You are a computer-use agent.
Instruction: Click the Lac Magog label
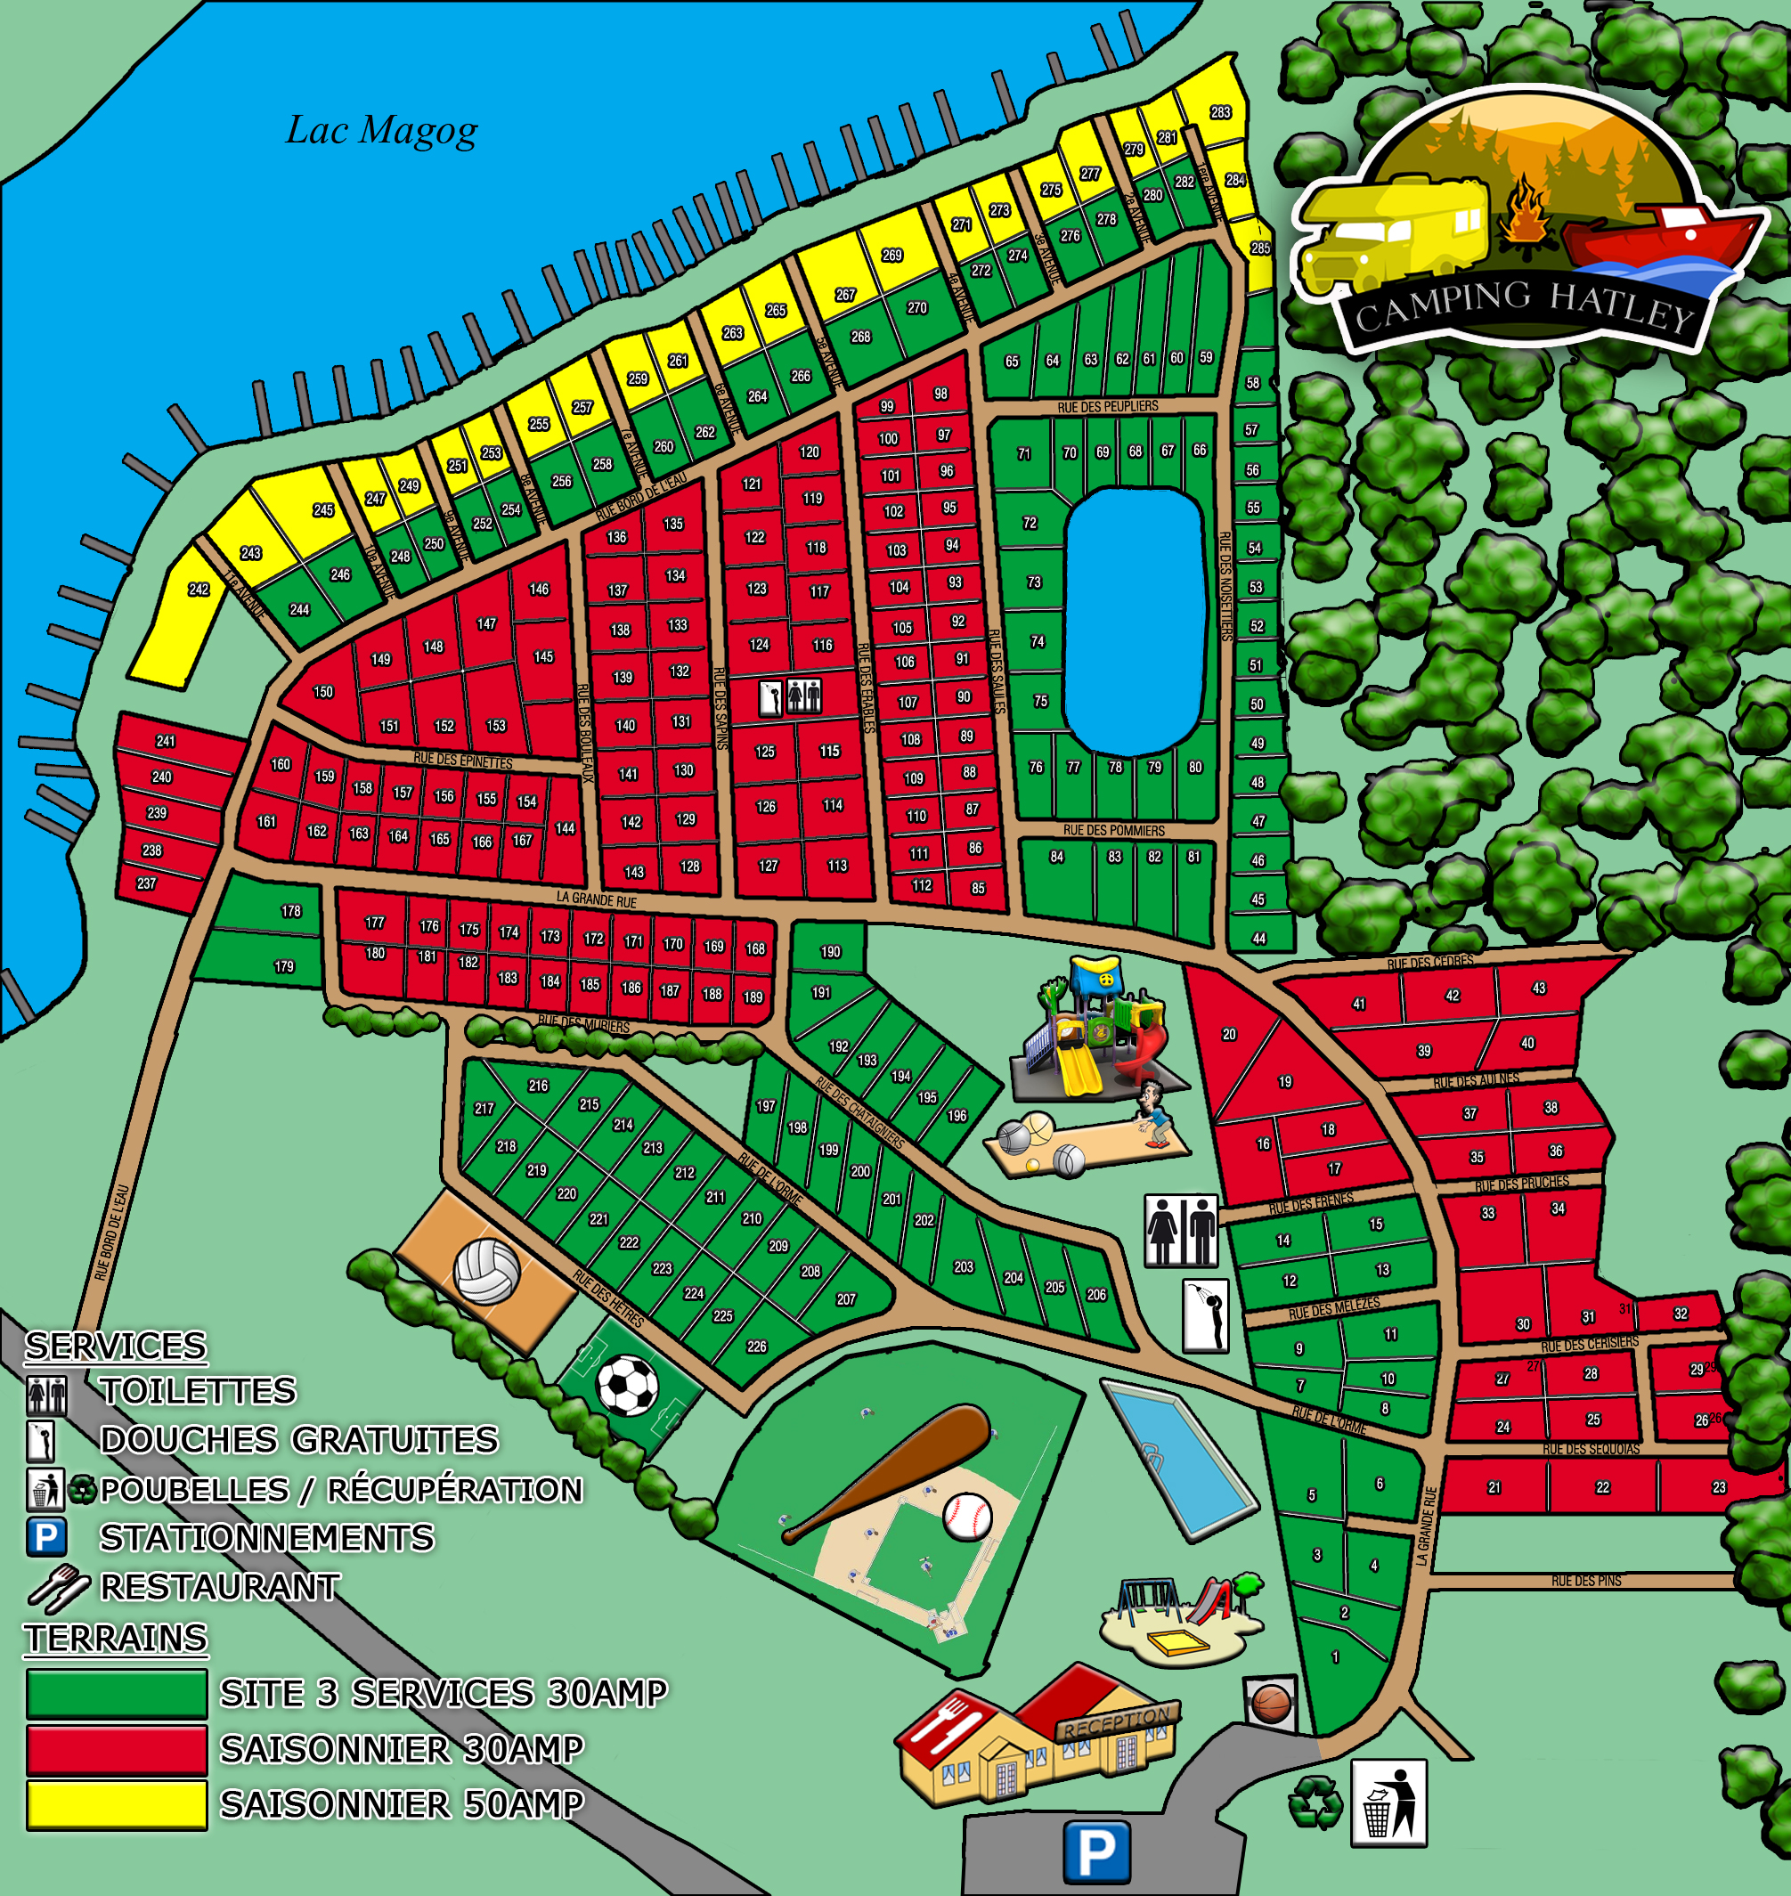[382, 131]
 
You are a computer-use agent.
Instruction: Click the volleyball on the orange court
[487, 1271]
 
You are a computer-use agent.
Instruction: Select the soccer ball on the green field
[627, 1385]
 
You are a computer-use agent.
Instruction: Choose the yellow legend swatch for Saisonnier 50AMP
[117, 1805]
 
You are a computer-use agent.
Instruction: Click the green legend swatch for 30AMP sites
[117, 1693]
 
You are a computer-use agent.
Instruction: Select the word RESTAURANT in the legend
[220, 1587]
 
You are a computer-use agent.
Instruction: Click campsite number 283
[1220, 112]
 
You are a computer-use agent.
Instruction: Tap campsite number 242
[199, 590]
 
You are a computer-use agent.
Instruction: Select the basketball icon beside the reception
[1271, 1703]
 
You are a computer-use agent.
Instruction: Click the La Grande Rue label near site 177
[596, 899]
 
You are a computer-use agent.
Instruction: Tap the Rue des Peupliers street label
[1107, 408]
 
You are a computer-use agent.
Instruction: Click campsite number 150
[323, 692]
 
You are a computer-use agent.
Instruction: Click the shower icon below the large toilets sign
[1206, 1316]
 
